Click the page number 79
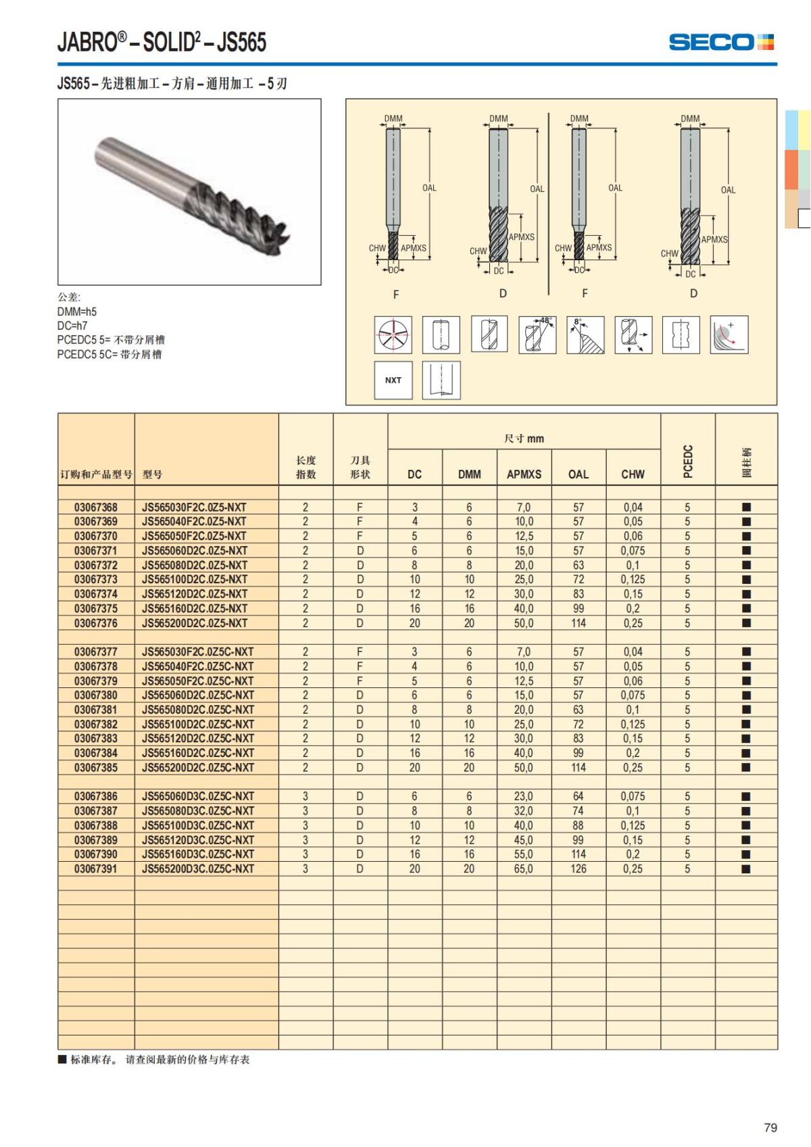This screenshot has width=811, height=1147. point(770,1127)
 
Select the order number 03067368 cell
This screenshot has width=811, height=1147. point(96,507)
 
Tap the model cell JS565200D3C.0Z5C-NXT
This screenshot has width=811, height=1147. point(198,869)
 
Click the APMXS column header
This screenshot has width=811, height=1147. point(524,474)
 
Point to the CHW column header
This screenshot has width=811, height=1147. point(633,474)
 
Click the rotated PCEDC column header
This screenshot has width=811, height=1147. point(687,461)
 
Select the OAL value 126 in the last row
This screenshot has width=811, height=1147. point(579,869)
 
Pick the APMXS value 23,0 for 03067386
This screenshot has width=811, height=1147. point(524,796)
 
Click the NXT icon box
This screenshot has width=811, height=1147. point(393,380)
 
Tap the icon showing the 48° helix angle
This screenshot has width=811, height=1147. point(538,335)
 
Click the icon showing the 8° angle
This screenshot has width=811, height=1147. point(585,335)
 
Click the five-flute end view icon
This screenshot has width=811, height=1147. point(393,335)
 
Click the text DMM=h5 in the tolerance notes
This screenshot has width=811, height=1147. point(77,312)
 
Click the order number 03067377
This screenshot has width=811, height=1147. point(96,652)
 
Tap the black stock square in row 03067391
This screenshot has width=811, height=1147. point(746,869)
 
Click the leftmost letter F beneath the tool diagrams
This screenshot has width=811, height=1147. point(396,294)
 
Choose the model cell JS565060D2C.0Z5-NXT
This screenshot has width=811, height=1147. point(195,550)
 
